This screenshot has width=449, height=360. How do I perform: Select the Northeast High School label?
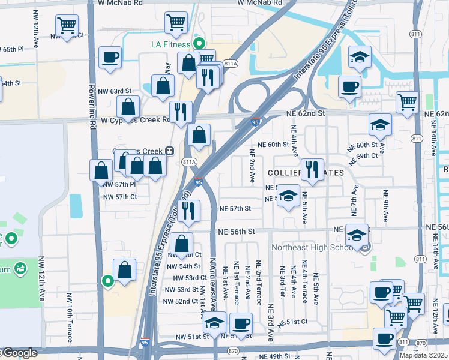point(312,247)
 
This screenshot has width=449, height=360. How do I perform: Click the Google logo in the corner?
point(20,353)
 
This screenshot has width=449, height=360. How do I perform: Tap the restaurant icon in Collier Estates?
point(312,169)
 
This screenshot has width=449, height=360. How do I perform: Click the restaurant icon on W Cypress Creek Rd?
point(180,111)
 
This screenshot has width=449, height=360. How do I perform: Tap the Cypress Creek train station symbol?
point(170,151)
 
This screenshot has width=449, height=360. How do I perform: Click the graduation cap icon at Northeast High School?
point(357,235)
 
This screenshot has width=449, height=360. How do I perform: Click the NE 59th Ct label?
point(366,155)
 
